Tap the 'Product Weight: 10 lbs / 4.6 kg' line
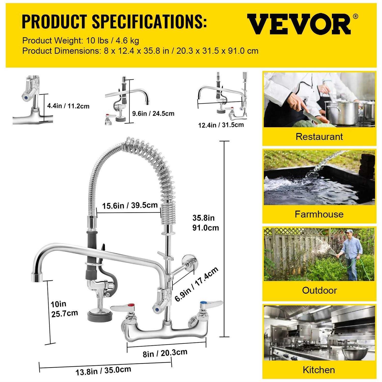click(x=80, y=40)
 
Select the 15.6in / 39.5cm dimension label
click(x=130, y=205)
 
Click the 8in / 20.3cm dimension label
click(x=165, y=353)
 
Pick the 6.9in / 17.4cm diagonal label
click(x=196, y=284)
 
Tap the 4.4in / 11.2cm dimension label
click(x=68, y=106)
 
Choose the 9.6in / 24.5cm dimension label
click(x=153, y=113)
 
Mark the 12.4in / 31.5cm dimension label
click(x=221, y=125)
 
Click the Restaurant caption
click(x=319, y=137)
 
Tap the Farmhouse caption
click(x=319, y=214)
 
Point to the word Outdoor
click(x=319, y=290)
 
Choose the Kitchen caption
click(x=319, y=370)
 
